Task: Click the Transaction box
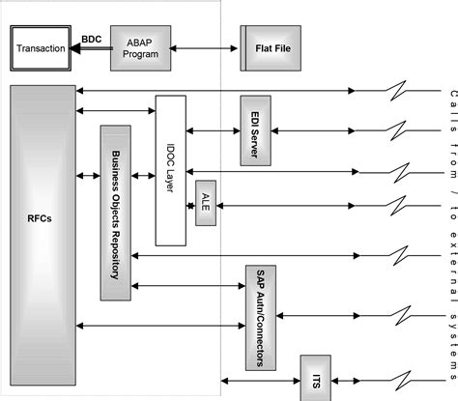point(42,48)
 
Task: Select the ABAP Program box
point(140,47)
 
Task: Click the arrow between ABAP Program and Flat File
point(205,47)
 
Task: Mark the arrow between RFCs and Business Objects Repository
point(88,175)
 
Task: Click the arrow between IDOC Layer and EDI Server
point(212,129)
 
